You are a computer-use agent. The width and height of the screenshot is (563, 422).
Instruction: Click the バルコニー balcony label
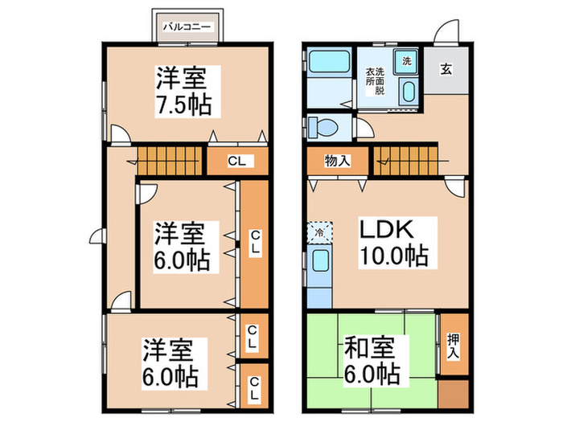click(x=187, y=27)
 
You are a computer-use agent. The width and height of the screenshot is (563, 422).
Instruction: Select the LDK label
click(x=388, y=230)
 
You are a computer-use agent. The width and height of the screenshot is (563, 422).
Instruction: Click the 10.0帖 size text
click(x=394, y=258)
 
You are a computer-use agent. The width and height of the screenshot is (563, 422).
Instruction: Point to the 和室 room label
click(x=368, y=350)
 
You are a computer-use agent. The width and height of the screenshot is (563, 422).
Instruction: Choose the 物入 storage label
click(x=339, y=161)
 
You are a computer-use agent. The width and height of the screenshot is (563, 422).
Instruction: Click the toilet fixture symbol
click(x=323, y=126)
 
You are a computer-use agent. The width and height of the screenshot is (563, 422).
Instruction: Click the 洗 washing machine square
click(x=406, y=61)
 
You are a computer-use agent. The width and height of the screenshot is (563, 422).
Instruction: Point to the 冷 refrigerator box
click(x=318, y=231)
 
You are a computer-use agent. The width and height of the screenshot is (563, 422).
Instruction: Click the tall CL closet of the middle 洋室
click(x=254, y=244)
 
